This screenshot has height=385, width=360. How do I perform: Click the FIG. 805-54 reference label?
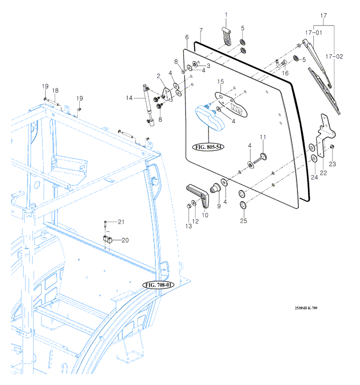pos(208,147)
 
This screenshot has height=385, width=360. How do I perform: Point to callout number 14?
pos(129,98)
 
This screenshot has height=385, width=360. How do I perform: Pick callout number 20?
pos(125,240)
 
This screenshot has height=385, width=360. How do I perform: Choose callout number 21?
pos(121,222)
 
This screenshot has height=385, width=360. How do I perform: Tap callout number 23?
pos(332,164)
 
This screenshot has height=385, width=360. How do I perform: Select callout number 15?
pos(220,81)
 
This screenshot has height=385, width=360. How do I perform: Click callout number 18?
pos(56,90)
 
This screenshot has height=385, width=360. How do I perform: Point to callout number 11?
pos(262,137)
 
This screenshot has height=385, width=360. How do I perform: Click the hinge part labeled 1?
pos(226,38)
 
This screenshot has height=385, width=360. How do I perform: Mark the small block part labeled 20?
pos(107,238)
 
